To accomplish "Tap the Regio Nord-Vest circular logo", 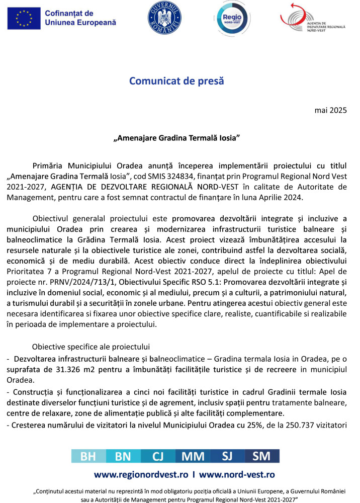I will coord(232,18).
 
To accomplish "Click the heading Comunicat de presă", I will coord(176,81).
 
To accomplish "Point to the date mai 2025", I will coord(331,110).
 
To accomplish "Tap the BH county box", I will coord(88,456).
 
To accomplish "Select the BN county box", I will coord(123,456).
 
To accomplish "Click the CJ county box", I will coord(158,456).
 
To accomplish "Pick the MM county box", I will coord(193,456).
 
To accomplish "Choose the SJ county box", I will coord(228,456).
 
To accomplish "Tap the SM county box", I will coord(262,456).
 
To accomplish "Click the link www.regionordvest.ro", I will coord(141,474).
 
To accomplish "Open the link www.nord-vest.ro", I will coord(237,474).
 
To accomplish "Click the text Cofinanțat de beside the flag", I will coord(69,13).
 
